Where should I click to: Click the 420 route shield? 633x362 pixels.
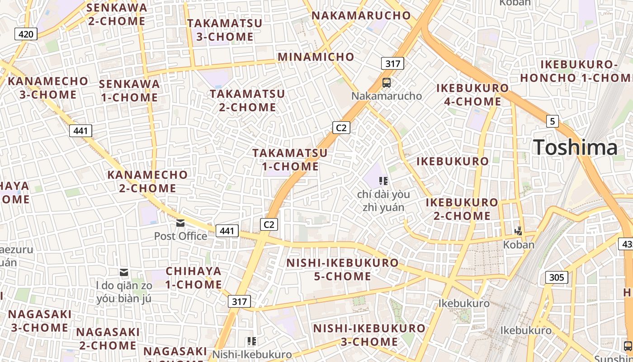point(26,33)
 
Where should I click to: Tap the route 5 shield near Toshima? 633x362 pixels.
point(552,121)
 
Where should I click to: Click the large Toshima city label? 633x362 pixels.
point(575,148)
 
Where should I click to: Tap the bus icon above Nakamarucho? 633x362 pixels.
point(387,83)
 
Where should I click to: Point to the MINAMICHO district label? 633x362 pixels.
point(316,57)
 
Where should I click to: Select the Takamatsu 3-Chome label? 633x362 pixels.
point(225,30)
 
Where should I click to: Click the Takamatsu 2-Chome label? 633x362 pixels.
point(247,100)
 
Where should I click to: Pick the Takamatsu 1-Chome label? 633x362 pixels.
point(290,160)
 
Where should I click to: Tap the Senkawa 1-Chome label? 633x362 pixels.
point(129,90)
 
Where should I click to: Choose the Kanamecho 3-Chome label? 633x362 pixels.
point(48,88)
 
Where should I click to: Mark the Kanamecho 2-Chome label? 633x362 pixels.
point(147,181)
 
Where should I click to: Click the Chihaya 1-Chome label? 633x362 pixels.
point(194,278)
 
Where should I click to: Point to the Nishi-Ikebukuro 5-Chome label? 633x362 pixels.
point(343,269)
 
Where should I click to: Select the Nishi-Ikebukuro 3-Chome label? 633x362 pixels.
point(369,335)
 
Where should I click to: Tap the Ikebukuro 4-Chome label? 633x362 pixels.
point(472,95)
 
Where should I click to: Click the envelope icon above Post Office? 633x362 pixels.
point(180,223)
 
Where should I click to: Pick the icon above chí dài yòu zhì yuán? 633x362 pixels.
point(383,181)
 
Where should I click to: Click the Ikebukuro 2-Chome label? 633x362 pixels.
point(462,209)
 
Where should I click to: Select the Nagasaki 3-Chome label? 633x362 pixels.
point(40,320)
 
